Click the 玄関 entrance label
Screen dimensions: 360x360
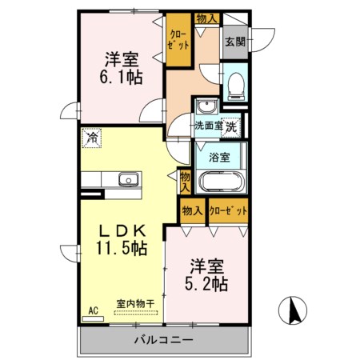[x=235, y=42]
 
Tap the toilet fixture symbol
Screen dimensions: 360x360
[x=236, y=86]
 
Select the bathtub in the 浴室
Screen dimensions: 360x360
[x=222, y=182]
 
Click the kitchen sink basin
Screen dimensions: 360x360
[x=129, y=179]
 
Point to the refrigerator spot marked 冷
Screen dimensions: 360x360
[x=92, y=138]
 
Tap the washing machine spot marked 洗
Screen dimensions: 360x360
[x=231, y=127]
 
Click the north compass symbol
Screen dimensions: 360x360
[x=293, y=310]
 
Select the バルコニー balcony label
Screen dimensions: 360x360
[x=163, y=340]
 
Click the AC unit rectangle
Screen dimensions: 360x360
[x=93, y=318]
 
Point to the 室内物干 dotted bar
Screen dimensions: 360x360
[x=136, y=313]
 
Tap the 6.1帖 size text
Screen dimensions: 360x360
[x=121, y=77]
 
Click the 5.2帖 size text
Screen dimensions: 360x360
[x=206, y=284]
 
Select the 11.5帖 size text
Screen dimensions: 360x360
[x=122, y=248]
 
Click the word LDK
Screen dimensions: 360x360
[x=122, y=231]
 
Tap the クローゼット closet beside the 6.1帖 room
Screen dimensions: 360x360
[x=178, y=39]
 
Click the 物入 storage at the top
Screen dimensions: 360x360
[x=207, y=18]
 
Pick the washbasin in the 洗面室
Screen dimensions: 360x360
[x=206, y=106]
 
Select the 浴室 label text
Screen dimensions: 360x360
[x=219, y=158]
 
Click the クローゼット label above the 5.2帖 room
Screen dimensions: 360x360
[x=228, y=211]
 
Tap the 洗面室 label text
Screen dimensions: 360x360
[x=209, y=126]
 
